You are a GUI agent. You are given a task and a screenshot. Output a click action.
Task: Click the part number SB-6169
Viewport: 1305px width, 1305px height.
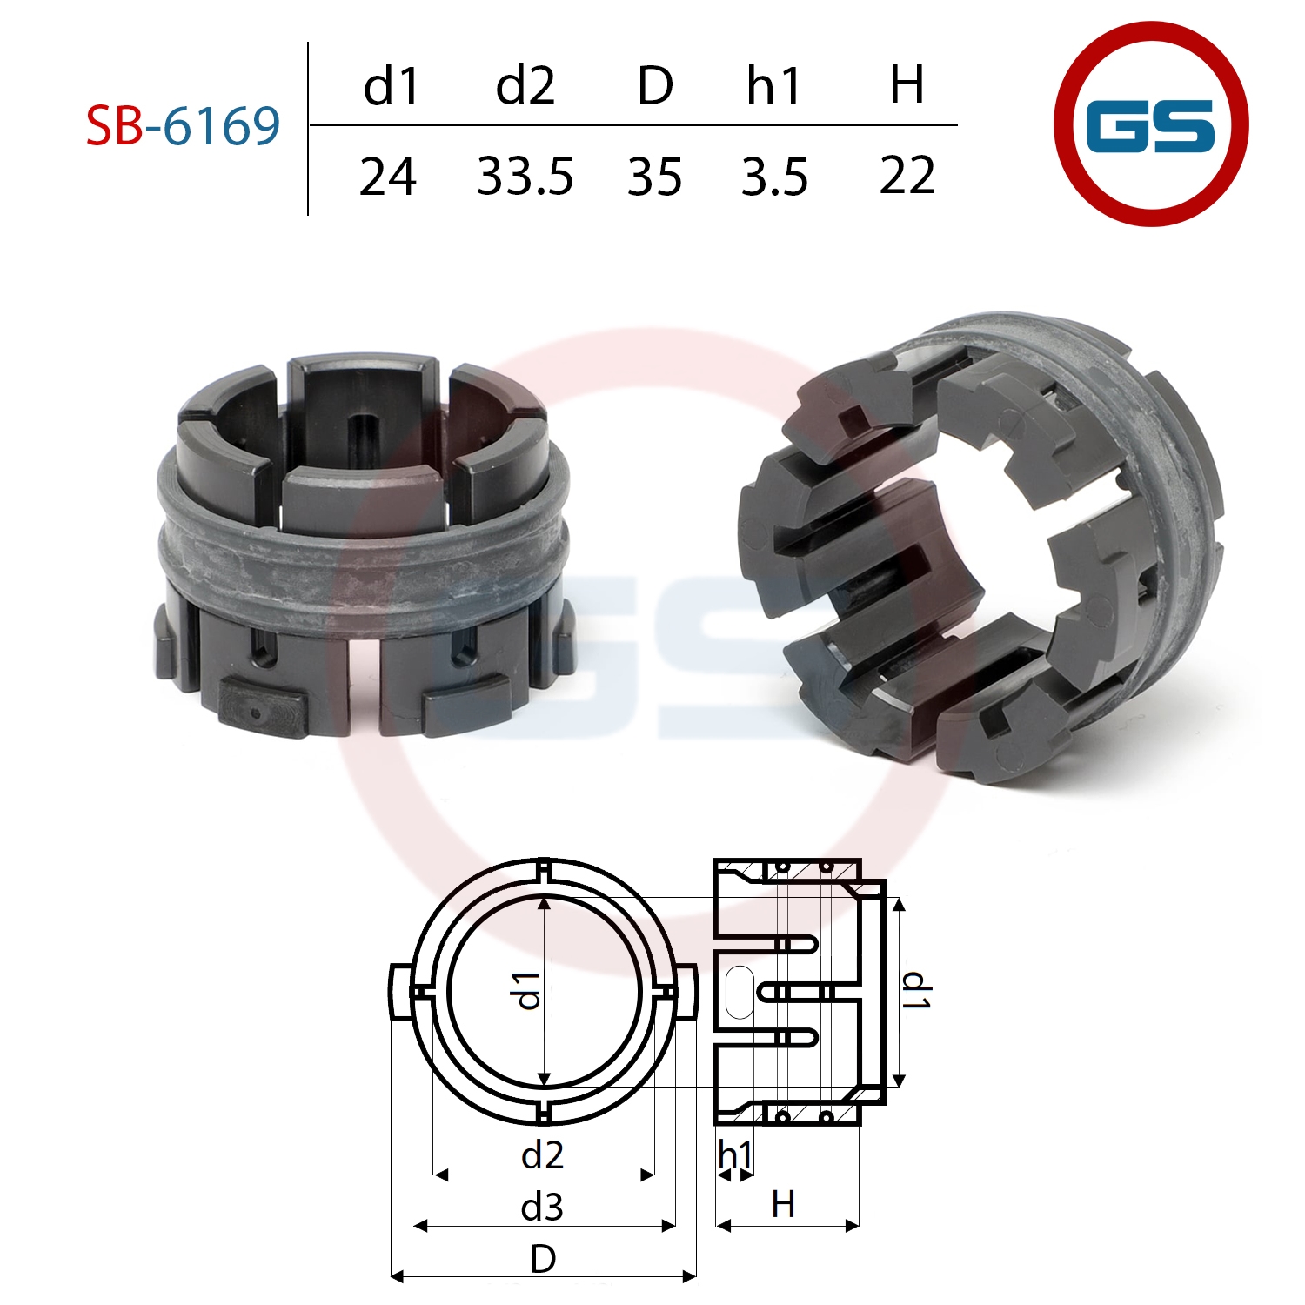coord(184,125)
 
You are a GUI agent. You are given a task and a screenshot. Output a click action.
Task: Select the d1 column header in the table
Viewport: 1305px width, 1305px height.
coord(391,86)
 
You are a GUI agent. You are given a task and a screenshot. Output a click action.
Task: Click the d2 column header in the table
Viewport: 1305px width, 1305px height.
coord(525,86)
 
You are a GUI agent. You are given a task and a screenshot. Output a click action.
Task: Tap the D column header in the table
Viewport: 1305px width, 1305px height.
coord(654,86)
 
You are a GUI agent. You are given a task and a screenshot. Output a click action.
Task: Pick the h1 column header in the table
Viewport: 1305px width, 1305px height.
coord(773,86)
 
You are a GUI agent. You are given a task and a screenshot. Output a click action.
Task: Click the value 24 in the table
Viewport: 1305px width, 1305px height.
coord(388,177)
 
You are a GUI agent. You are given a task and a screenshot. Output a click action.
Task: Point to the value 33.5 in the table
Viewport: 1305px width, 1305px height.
coord(525,177)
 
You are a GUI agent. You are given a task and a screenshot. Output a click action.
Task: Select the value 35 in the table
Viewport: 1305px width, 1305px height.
coord(654,177)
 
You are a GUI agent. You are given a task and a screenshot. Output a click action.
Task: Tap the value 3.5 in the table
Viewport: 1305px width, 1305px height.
coord(774,177)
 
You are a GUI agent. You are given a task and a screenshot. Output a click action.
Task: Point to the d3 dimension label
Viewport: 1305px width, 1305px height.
coord(542,1207)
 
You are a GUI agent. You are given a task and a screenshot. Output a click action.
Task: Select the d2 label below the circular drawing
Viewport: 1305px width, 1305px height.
coord(542,1155)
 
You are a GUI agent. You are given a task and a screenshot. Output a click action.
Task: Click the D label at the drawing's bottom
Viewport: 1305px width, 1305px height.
coord(543,1259)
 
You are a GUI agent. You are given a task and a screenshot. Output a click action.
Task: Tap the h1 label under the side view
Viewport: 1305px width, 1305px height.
coord(735,1156)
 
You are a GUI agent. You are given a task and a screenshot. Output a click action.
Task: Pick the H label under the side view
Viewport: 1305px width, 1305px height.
coord(783,1205)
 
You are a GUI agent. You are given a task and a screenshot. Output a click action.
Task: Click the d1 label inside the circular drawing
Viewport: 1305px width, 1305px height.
coord(528,991)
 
